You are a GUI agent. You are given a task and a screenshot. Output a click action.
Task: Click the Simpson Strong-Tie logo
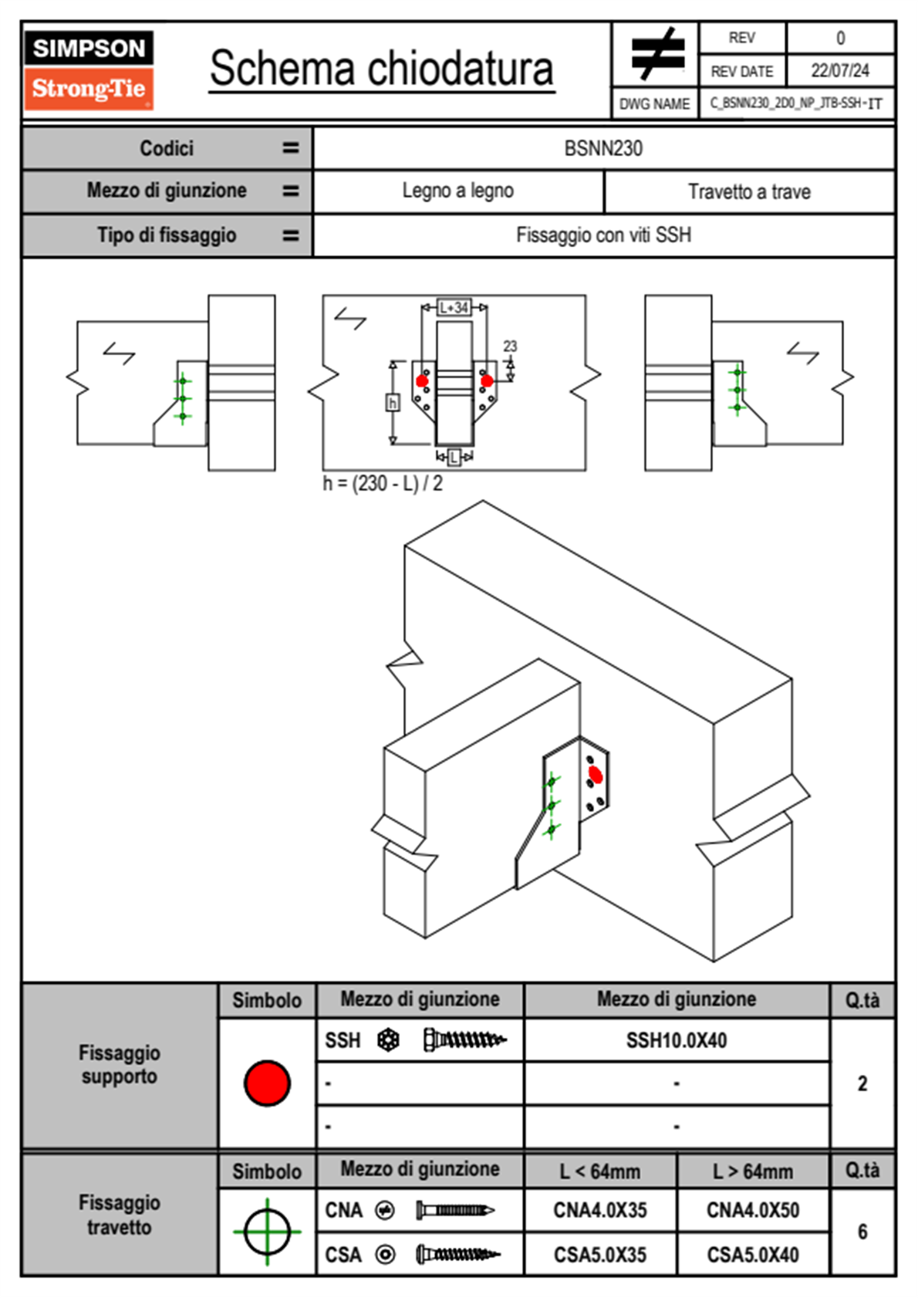click(x=88, y=69)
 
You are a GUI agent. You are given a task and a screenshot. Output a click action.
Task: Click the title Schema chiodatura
click(x=381, y=69)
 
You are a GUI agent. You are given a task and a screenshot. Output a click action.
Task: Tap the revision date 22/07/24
click(x=839, y=71)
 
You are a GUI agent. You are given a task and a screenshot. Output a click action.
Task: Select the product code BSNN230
click(x=603, y=148)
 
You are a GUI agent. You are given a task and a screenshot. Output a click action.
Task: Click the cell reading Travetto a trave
click(x=749, y=191)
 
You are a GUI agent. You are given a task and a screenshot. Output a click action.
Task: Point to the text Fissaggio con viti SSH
click(x=603, y=235)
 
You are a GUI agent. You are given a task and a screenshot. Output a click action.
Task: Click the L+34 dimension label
click(x=454, y=307)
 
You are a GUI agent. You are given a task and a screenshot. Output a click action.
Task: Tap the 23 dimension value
click(x=510, y=346)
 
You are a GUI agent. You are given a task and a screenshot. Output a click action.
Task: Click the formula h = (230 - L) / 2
click(x=383, y=484)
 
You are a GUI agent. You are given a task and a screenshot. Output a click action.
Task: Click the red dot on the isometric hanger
click(x=595, y=774)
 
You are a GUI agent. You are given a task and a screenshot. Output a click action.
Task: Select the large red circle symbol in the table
click(x=267, y=1083)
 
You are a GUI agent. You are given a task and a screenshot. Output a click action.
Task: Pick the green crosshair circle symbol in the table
click(x=267, y=1232)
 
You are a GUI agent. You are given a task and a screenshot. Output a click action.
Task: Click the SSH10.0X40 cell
click(x=677, y=1040)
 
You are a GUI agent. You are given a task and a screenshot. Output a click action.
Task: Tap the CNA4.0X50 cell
click(x=753, y=1210)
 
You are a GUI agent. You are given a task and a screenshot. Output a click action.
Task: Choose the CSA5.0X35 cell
click(x=600, y=1255)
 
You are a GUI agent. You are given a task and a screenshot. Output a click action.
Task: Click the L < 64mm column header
click(x=600, y=1171)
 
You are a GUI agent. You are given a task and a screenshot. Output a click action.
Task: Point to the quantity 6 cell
click(x=862, y=1232)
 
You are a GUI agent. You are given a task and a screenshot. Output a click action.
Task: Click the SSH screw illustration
click(x=464, y=1040)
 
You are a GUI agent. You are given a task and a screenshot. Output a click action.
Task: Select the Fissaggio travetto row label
click(x=120, y=1215)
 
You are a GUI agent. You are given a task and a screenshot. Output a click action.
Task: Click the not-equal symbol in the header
click(x=656, y=54)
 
